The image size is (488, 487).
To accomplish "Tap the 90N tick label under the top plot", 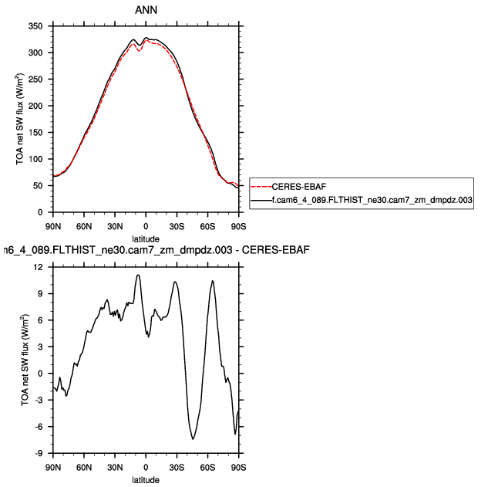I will pyautogui.click(x=52, y=226).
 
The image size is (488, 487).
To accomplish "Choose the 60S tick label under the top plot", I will pyautogui.click(x=207, y=226).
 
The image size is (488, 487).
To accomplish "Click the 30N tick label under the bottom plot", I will pyautogui.click(x=115, y=468).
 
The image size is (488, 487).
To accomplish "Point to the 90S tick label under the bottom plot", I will pyautogui.click(x=238, y=468).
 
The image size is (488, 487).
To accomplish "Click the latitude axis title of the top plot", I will pyautogui.click(x=146, y=238).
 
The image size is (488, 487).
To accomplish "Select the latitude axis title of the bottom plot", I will pyautogui.click(x=146, y=479).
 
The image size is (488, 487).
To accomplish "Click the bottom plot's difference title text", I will pyautogui.click(x=146, y=250).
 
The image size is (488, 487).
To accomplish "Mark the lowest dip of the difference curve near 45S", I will pyautogui.click(x=194, y=438).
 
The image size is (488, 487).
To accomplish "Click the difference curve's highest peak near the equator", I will pyautogui.click(x=138, y=275).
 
